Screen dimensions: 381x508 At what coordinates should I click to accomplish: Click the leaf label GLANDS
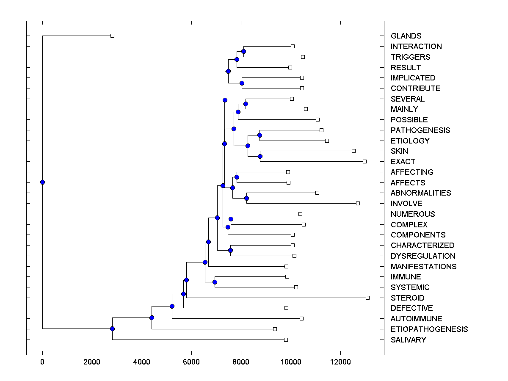click(406, 36)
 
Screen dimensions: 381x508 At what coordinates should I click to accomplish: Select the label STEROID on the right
click(407, 298)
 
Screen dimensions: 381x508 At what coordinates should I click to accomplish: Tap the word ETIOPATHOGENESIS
click(429, 329)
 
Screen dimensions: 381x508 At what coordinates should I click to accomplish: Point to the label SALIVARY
click(408, 340)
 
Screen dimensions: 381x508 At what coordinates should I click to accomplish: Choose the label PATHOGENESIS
click(420, 130)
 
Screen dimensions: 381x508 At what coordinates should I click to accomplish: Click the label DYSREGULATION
click(423, 256)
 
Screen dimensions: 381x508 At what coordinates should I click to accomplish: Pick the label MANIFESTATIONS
click(423, 266)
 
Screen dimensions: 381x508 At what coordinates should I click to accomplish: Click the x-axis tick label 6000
click(191, 361)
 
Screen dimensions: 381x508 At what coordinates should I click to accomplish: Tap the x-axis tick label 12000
click(340, 361)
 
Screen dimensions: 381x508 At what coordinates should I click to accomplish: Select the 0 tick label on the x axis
click(42, 361)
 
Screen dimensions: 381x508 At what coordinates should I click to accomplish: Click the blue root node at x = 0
click(42, 182)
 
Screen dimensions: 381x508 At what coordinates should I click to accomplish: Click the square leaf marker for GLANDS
click(112, 36)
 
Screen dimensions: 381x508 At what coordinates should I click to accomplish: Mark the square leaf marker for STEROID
click(367, 298)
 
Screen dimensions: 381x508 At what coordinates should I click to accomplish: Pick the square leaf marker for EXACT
click(364, 161)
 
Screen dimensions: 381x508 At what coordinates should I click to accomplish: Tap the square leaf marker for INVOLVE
click(358, 203)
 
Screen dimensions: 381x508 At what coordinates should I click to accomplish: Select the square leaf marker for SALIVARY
click(286, 340)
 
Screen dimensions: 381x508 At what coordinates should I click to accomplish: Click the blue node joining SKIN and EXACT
click(260, 156)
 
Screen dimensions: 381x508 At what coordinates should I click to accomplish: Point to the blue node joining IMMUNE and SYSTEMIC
click(215, 282)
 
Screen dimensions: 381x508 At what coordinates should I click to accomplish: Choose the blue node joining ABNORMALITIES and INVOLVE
click(246, 198)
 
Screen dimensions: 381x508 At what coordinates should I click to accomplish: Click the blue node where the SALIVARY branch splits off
click(112, 329)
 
